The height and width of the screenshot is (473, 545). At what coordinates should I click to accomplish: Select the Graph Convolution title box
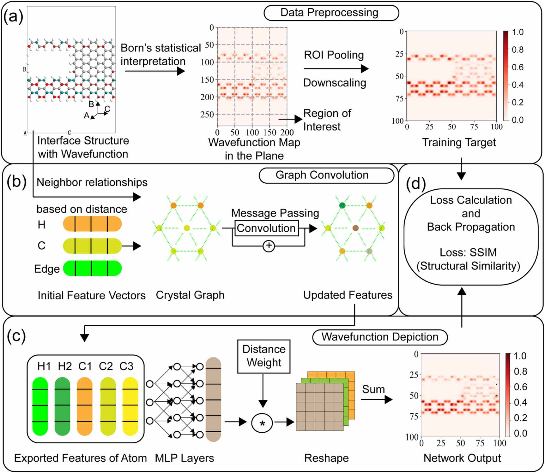[x=326, y=175]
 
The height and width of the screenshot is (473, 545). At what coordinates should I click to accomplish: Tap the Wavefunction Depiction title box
[x=380, y=337]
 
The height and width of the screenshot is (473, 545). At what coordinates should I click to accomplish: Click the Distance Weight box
[x=263, y=356]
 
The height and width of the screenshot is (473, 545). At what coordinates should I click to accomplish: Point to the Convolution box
[x=266, y=228]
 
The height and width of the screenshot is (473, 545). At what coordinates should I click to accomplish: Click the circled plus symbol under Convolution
[x=269, y=246]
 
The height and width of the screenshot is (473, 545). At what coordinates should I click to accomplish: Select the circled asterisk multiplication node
[x=262, y=423]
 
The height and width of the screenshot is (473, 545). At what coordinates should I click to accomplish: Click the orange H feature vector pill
[x=92, y=224]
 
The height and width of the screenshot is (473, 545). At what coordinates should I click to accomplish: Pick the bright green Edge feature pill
[x=92, y=268]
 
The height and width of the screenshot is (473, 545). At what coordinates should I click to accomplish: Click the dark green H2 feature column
[x=62, y=406]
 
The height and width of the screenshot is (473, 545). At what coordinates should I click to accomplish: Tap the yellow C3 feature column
[x=130, y=406]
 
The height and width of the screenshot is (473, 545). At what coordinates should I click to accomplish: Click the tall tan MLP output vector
[x=213, y=399]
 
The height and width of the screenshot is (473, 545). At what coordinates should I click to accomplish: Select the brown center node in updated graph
[x=355, y=228]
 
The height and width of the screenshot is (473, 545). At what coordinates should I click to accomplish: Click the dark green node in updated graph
[x=342, y=205]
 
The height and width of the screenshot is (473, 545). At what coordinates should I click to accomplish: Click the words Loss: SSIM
[x=468, y=252]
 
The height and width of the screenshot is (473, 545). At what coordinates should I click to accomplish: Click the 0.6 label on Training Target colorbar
[x=518, y=67]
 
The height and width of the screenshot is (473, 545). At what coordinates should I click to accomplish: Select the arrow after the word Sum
[x=377, y=400]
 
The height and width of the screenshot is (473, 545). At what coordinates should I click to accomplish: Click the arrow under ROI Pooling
[x=336, y=68]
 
